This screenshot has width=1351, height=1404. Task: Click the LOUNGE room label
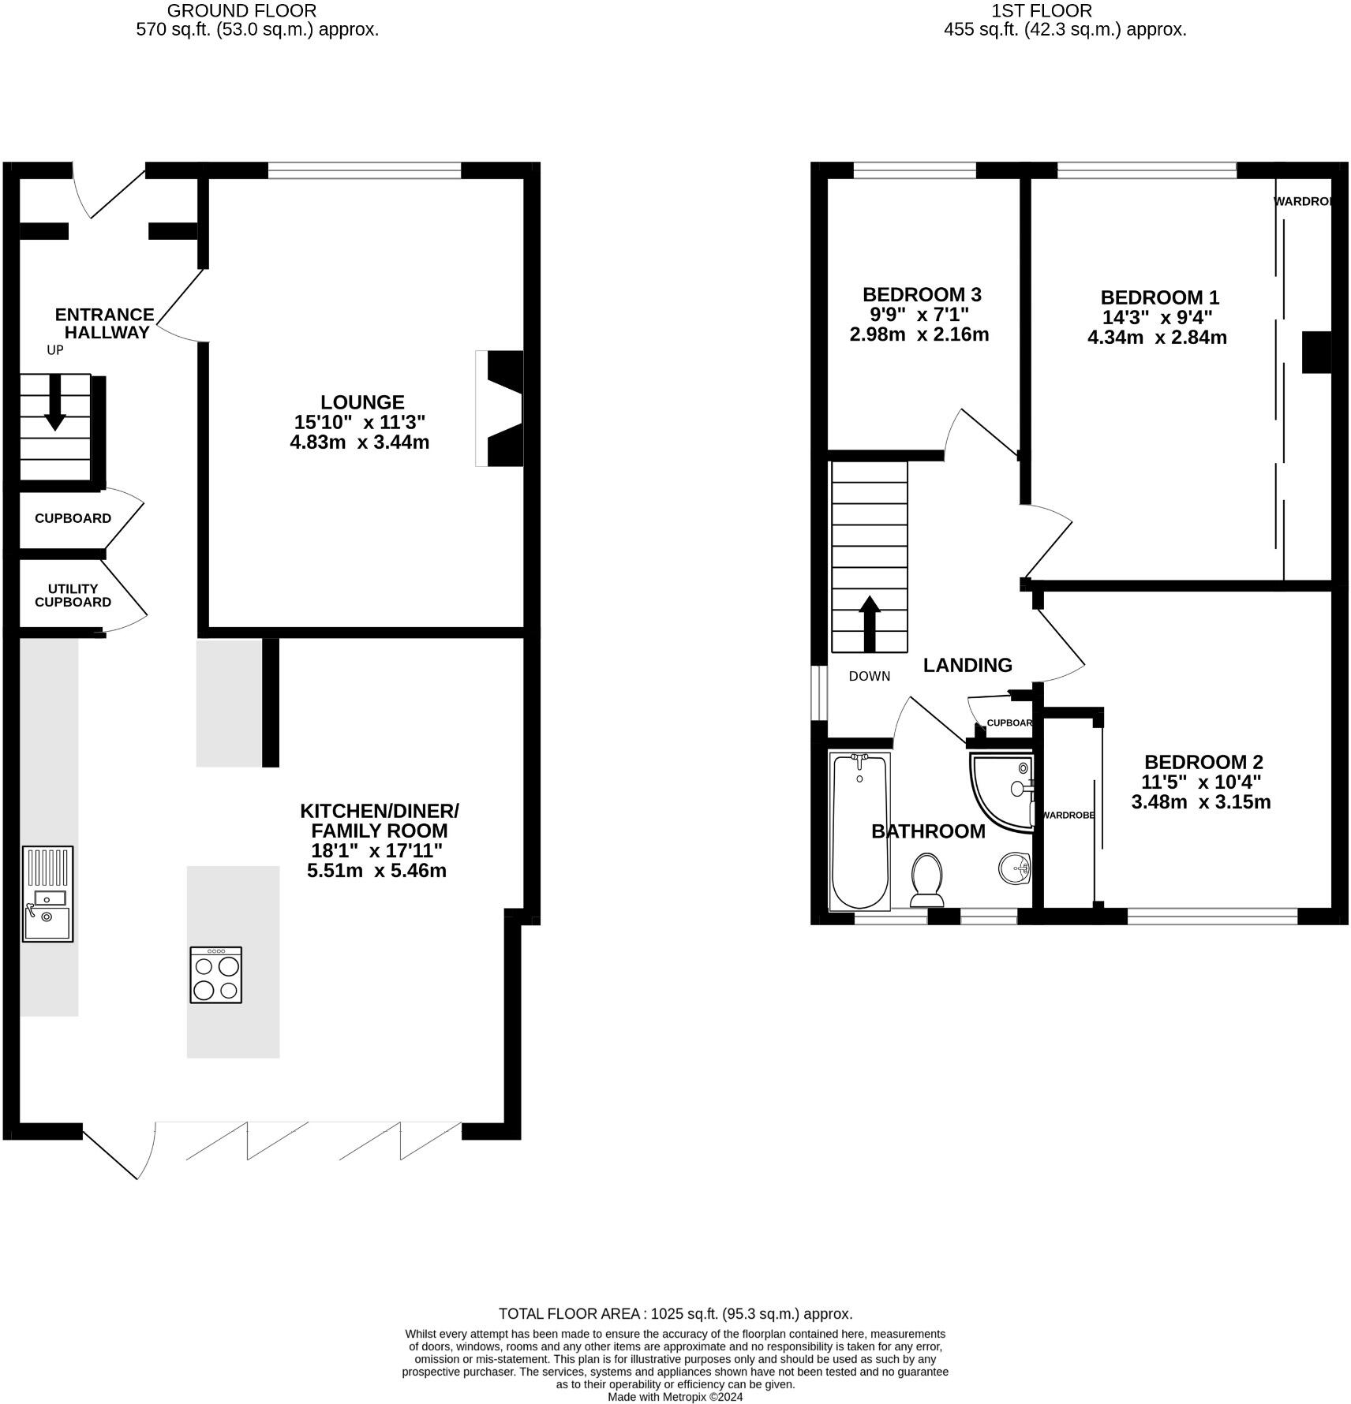point(362,402)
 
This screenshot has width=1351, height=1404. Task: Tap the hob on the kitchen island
point(215,975)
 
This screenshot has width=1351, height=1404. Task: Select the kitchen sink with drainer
point(48,893)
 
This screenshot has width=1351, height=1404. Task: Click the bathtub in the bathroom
point(860,831)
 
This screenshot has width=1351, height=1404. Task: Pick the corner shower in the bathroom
point(1001,791)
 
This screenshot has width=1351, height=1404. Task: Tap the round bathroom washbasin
point(1015,869)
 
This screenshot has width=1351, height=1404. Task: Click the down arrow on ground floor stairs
point(55,402)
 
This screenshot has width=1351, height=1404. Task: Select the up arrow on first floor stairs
point(870,623)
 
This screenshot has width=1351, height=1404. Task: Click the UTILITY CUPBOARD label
point(73,596)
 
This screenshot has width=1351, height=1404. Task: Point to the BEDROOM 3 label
point(922,295)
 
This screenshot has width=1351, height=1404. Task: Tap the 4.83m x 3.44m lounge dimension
point(360,442)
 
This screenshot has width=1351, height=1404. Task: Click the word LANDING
point(967,665)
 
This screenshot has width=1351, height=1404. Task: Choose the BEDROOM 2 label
point(1203,763)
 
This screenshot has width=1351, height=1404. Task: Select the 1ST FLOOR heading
point(1042,11)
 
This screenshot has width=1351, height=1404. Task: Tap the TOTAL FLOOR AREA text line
point(675,1313)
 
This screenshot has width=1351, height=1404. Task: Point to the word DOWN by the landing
point(870,676)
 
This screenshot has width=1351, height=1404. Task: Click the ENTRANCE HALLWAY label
point(104,323)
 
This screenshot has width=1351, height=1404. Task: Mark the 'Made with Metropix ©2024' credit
point(675,1397)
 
